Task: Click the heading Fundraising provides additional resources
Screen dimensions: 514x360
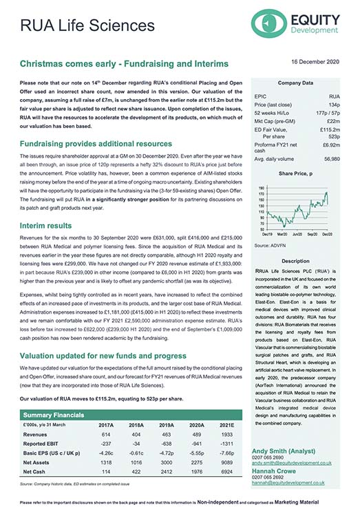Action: point(96,144)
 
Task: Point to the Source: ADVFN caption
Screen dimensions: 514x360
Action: point(271,245)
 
